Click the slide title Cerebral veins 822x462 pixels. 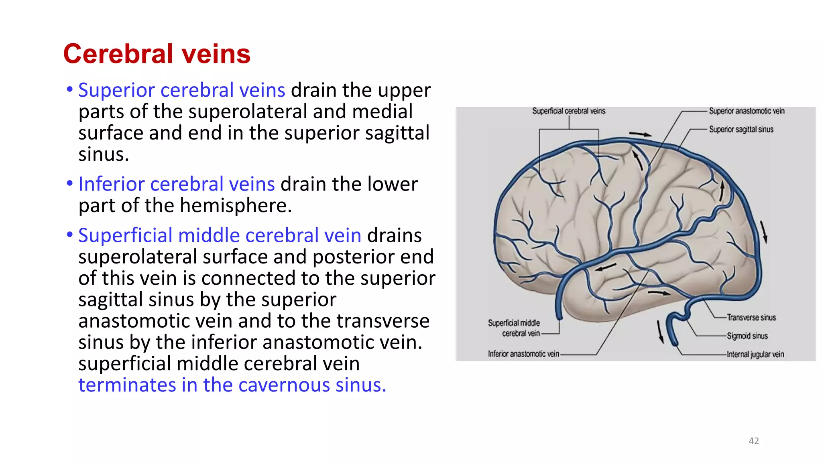point(157,54)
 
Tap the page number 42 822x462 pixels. point(753,441)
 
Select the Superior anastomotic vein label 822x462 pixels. point(746,111)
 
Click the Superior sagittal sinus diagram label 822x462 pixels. point(741,129)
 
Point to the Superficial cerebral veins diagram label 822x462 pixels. point(568,111)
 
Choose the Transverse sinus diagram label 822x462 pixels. point(751,318)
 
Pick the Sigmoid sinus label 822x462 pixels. point(747,336)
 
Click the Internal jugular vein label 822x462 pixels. point(755,354)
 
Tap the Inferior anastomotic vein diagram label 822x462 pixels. point(523,354)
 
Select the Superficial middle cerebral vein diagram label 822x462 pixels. point(514,328)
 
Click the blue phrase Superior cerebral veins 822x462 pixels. point(181,90)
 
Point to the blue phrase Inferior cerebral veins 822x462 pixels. point(176,184)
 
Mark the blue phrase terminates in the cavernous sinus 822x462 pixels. point(232,385)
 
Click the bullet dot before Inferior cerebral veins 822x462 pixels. point(70,184)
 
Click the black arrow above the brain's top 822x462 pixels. point(640,134)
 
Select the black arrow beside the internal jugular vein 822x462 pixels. point(660,332)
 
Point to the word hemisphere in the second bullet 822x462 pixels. point(235,206)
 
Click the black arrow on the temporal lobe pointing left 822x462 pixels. point(605,267)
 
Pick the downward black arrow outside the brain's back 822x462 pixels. point(764,232)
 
